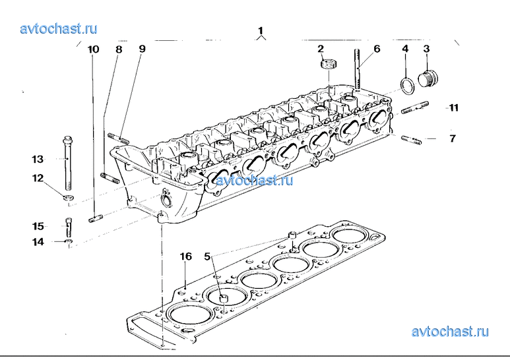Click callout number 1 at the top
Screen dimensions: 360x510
pyautogui.click(x=261, y=30)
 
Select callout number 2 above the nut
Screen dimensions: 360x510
pyautogui.click(x=321, y=49)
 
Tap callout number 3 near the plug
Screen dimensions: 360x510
pyautogui.click(x=426, y=49)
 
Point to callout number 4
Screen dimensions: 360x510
pyautogui.click(x=405, y=49)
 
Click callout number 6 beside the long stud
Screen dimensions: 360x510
pyautogui.click(x=377, y=49)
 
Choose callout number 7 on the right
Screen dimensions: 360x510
pyautogui.click(x=453, y=138)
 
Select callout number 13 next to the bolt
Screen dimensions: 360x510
pyautogui.click(x=38, y=159)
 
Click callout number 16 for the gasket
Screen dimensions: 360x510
pyautogui.click(x=186, y=256)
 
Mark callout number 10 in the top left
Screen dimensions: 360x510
pyautogui.click(x=93, y=49)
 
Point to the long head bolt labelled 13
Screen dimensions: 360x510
pyautogui.click(x=68, y=162)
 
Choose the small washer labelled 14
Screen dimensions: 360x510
pyautogui.click(x=69, y=242)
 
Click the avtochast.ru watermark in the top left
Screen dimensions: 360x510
pyautogui.click(x=59, y=28)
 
